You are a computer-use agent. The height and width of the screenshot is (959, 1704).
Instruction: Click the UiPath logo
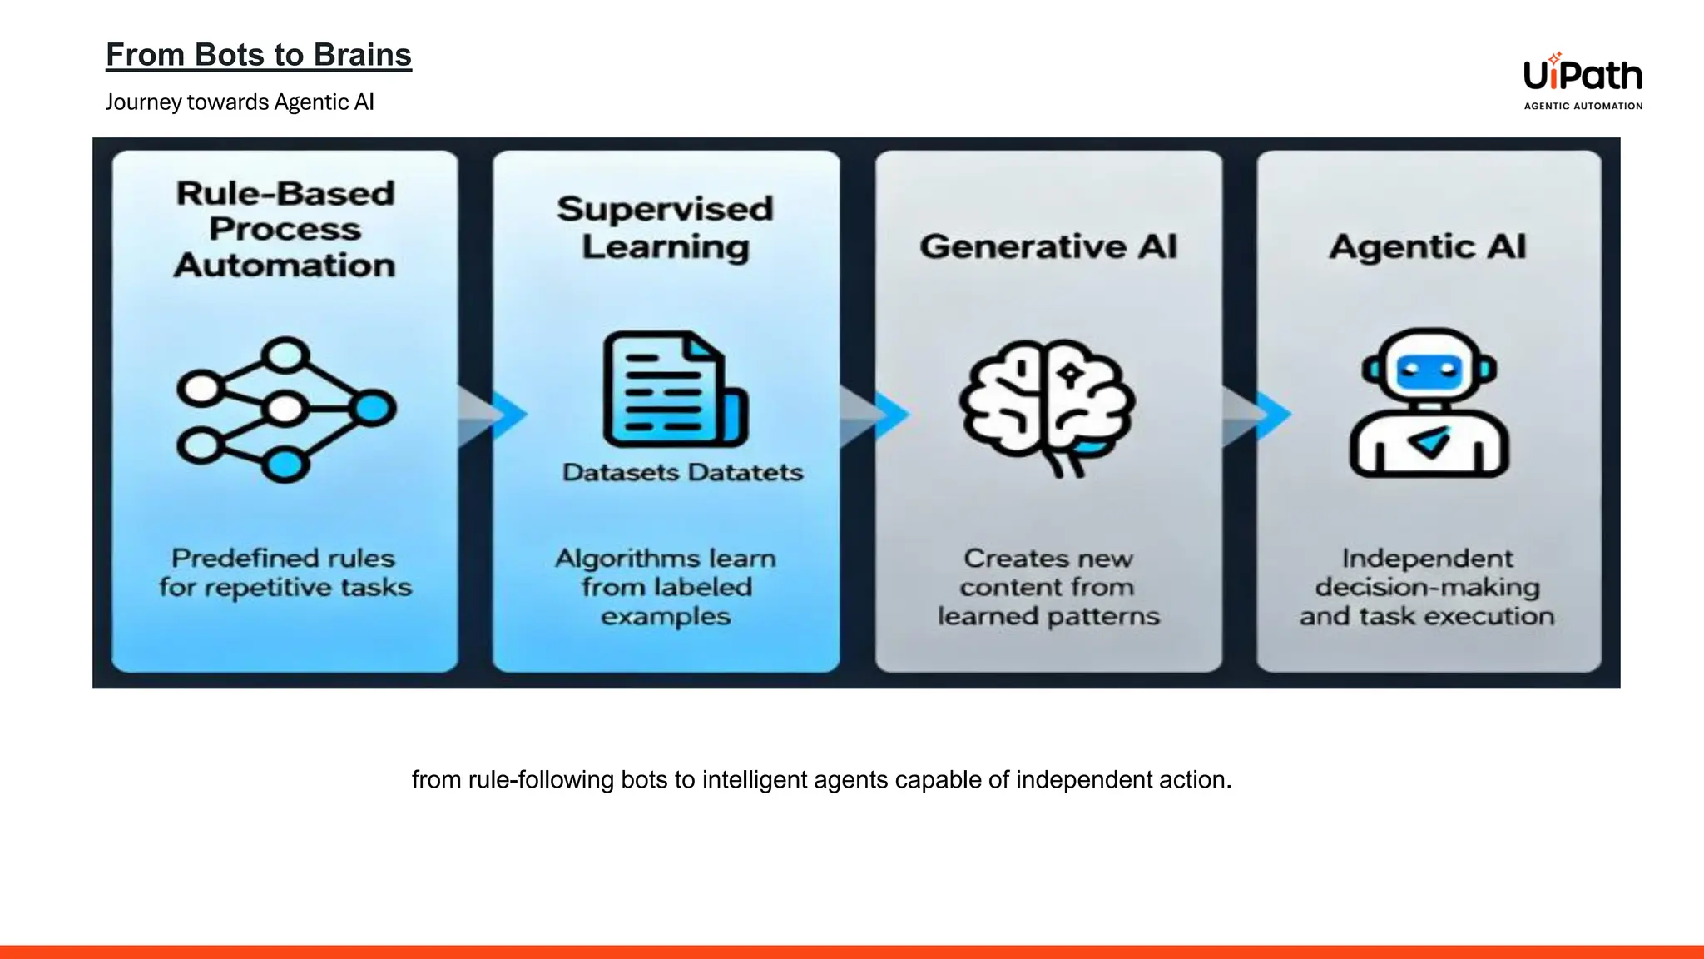coord(1582,76)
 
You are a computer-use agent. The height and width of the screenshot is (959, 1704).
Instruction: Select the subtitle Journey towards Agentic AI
coord(240,102)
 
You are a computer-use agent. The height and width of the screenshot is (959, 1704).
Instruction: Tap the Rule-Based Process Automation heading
coord(285,229)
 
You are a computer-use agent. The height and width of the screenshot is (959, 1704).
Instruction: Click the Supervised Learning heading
coord(666,227)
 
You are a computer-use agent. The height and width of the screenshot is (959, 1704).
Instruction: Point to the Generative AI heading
coord(1048,246)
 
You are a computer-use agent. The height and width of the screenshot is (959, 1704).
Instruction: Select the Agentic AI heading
coord(1428,246)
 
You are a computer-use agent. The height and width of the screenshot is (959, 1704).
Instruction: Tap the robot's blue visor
coord(1429,369)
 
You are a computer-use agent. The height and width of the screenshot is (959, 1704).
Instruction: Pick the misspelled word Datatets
coord(745,473)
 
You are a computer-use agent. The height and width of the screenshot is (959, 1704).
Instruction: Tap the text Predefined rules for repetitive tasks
coord(285,573)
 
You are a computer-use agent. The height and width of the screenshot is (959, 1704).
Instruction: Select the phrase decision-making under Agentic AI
coord(1428,587)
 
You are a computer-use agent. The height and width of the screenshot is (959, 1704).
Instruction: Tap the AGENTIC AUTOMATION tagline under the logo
coord(1583,106)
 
